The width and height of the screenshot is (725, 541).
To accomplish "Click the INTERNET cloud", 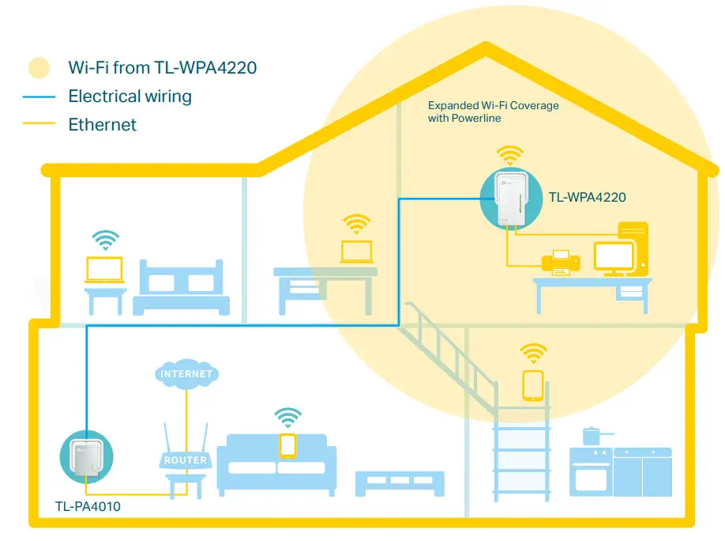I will coord(186,373).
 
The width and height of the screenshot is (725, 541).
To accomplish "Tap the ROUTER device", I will coord(185,459).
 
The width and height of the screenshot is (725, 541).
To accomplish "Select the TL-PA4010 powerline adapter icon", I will coord(86,456).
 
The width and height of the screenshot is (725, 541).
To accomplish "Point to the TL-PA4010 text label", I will coord(88,505).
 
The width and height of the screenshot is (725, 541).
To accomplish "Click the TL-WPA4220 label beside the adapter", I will coord(587,197).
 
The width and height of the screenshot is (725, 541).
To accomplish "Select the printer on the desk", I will coord(559,263).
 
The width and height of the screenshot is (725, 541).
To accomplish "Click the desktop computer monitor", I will coord(614,257).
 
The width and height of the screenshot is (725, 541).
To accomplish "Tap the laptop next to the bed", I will coord(105,269).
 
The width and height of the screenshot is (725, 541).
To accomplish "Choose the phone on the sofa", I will coord(287,445).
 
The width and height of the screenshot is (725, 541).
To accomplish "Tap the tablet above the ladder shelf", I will coord(533,384).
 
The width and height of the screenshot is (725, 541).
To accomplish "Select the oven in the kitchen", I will coord(591,475).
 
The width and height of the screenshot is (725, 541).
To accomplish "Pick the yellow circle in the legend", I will coord(39,68).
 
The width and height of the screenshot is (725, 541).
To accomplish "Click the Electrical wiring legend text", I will coord(130,96).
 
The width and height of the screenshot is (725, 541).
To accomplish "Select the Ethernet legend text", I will coord(102,124).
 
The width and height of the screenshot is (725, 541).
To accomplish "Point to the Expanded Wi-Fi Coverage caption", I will coord(493,112).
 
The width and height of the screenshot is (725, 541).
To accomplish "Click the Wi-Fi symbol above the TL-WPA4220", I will coord(509,154).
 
